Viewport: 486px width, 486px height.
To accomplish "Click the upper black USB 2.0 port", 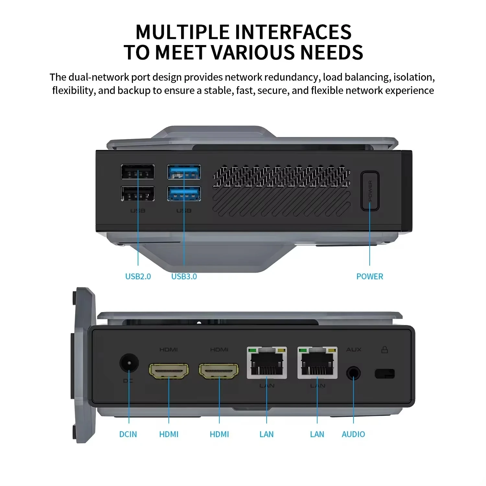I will pos(137,172).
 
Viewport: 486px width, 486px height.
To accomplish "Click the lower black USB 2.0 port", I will pos(137,194).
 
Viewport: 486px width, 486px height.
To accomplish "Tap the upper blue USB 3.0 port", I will pos(184,172).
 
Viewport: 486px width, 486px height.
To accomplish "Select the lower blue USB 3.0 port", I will pos(184,194).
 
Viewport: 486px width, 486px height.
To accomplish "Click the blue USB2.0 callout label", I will pos(138,276).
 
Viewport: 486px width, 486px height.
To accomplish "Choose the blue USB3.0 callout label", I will pos(184,276).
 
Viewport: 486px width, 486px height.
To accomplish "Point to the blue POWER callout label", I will pos(369,276).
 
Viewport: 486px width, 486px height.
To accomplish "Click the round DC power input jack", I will pos(129,363).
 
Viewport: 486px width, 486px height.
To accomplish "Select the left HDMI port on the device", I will pos(169,371).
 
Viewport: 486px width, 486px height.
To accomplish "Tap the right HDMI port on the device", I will pos(219,371).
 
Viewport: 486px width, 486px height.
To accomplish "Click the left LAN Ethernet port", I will pos(267,363).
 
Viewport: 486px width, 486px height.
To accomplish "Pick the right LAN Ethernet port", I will pos(317,363).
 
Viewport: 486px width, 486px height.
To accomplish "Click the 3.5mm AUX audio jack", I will pos(353,374).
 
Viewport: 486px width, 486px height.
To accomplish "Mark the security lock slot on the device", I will pos(385,374).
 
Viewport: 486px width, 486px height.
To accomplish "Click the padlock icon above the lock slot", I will pos(385,349).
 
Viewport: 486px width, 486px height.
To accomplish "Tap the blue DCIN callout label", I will pos(128,434).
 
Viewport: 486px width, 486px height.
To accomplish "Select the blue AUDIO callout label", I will pos(353,434).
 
